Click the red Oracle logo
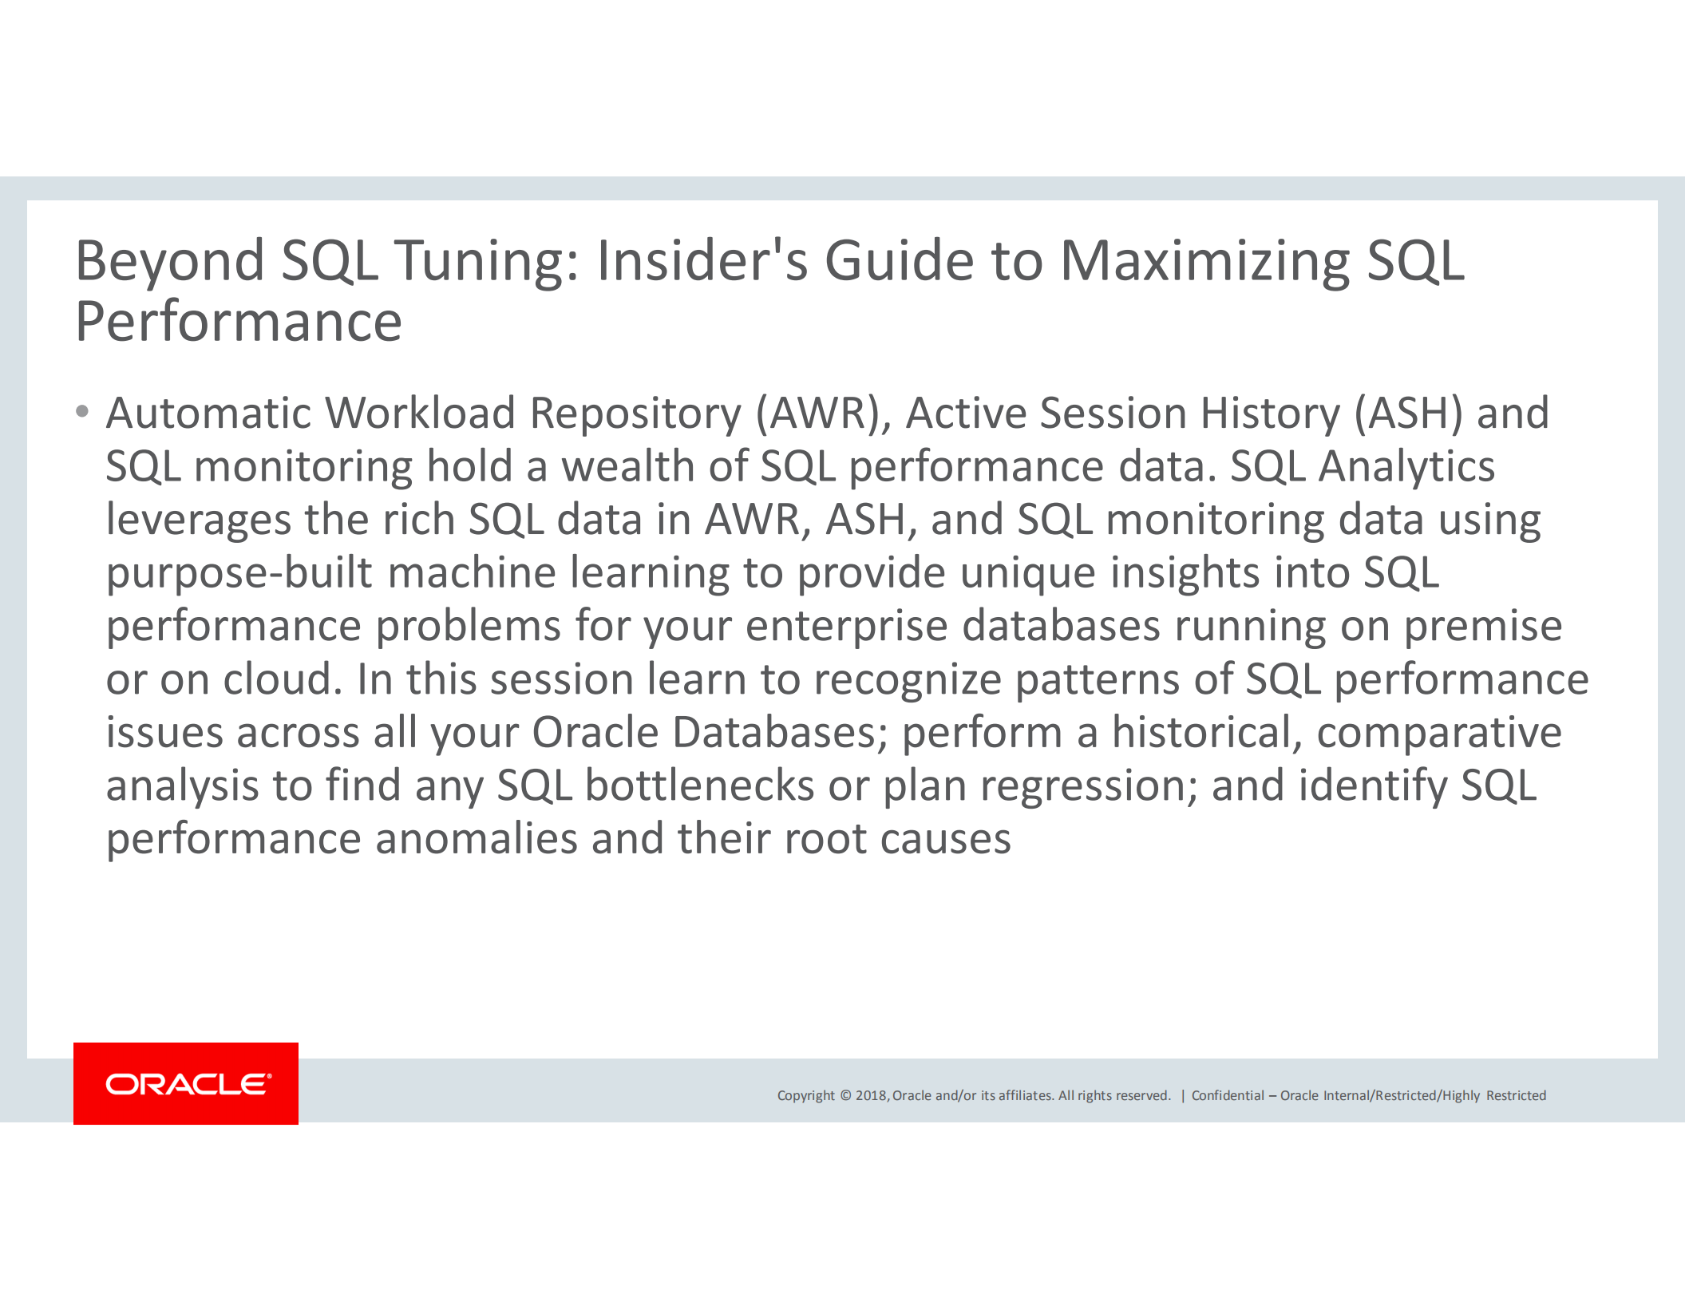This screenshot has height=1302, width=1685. pyautogui.click(x=186, y=1083)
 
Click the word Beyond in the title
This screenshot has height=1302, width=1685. pyautogui.click(x=169, y=261)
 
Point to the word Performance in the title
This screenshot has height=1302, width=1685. pyautogui.click(x=238, y=323)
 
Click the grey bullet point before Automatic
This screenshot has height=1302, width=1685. pyautogui.click(x=82, y=413)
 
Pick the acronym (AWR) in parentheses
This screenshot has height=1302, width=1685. pyautogui.click(x=818, y=414)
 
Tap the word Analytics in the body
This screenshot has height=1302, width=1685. pyautogui.click(x=1406, y=466)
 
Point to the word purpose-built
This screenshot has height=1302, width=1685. pyautogui.click(x=239, y=573)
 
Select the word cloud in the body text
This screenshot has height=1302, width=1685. pyautogui.click(x=283, y=679)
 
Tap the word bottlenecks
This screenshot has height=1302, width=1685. pyautogui.click(x=699, y=786)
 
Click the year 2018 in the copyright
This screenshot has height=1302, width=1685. pyautogui.click(x=871, y=1095)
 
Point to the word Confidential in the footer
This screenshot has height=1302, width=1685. pyautogui.click(x=1228, y=1095)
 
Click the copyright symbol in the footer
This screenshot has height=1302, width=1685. pyautogui.click(x=845, y=1095)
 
